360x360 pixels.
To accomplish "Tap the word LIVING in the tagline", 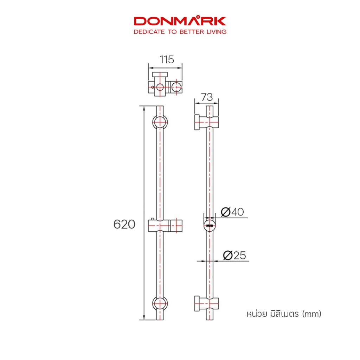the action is pos(217,32).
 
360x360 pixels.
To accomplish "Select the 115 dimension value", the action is pos(167,59).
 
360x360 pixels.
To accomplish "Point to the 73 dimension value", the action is pos(207,97).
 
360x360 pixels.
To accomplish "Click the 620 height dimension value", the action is pos(124,224).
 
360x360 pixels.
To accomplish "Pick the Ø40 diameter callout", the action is pos(232,212).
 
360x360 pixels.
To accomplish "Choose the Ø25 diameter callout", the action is pos(234,255).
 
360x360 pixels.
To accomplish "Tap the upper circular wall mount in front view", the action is pos(160,122).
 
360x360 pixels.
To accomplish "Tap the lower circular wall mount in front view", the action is pos(160,303).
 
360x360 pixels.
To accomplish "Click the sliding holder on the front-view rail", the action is pos(165,225).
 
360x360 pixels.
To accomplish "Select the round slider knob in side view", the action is pos(210,225).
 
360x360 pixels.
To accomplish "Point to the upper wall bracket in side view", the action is pos(206,122).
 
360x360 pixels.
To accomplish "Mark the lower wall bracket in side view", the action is pos(206,303).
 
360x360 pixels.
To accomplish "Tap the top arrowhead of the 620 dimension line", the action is pos(144,108).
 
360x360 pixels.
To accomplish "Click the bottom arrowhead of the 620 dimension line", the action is pos(144,317).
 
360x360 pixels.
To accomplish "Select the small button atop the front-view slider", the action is pos(153,219).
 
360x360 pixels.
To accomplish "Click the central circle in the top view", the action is pos(160,87).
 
